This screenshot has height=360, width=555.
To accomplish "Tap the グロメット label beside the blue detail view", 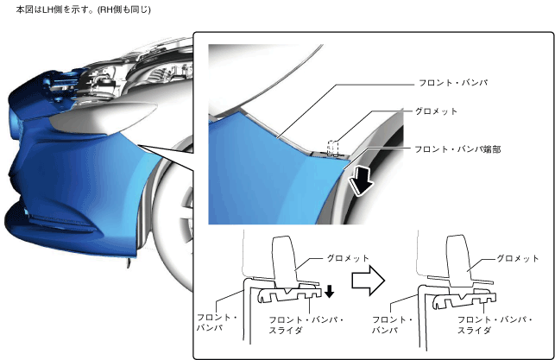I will [437, 111].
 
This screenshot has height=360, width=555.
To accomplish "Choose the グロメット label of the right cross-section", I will [519, 258].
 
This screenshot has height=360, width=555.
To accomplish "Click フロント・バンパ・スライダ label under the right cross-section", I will [487, 325].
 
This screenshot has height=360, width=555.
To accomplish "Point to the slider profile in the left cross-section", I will [285, 299].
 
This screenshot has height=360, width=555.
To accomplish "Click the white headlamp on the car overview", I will [86, 120].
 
